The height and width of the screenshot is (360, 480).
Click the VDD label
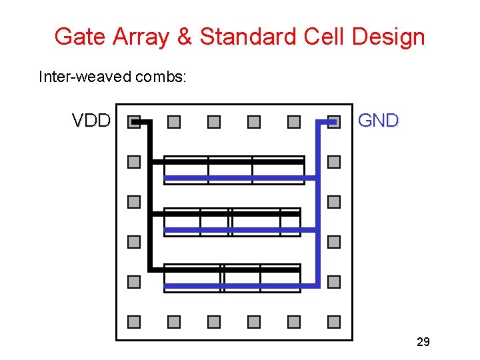tap(91, 121)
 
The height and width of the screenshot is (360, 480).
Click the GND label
tap(378, 121)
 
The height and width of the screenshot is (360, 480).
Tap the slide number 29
tap(423, 342)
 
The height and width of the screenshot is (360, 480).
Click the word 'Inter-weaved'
tap(85, 77)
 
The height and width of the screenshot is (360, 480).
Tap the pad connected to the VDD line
tap(134, 122)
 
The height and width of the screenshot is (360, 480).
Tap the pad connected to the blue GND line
tap(334, 122)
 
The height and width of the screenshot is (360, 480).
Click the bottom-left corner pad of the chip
tap(134, 322)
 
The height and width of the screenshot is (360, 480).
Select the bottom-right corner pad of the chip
tap(334, 322)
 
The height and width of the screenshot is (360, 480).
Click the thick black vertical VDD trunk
tap(150, 200)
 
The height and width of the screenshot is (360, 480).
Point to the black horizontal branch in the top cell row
tap(227, 161)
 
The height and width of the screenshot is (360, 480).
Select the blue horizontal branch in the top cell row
tap(240, 178)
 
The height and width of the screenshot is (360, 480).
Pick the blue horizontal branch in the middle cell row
tap(240, 230)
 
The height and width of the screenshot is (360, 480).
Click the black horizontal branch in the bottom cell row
tap(227, 270)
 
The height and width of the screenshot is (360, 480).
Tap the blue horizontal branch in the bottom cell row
tap(240, 287)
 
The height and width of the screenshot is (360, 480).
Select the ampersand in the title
tap(184, 37)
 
